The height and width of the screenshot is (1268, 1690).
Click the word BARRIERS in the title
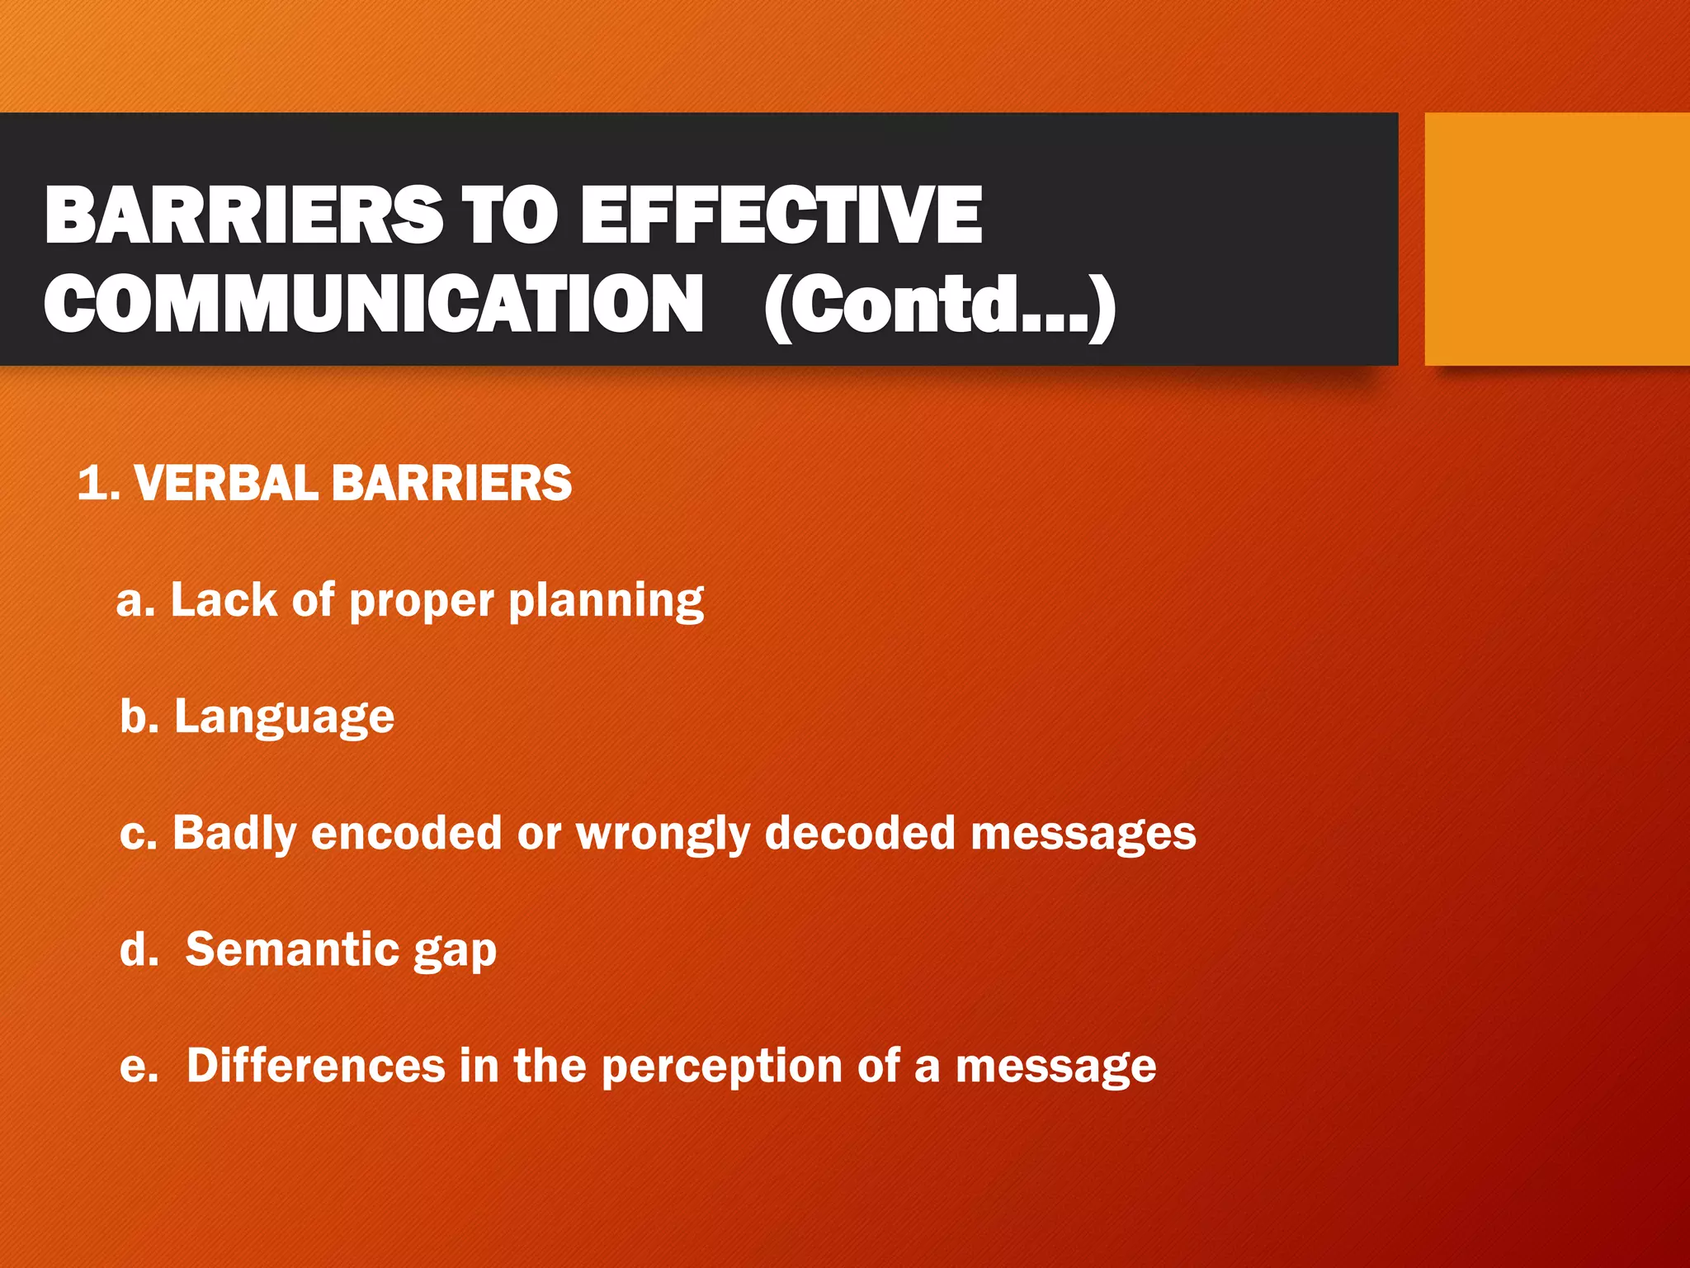click(x=243, y=215)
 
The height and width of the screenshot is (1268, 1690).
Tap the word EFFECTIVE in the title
click(x=781, y=215)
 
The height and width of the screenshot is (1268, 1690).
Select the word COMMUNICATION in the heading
click(x=374, y=305)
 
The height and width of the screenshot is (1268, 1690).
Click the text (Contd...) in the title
click(x=939, y=306)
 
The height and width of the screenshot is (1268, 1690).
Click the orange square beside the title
click(x=1556, y=239)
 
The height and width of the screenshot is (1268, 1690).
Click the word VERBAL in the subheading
click(x=225, y=483)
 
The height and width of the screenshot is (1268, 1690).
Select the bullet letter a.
click(x=135, y=601)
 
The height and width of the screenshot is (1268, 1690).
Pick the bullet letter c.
click(x=138, y=834)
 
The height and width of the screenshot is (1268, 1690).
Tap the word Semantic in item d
click(x=292, y=949)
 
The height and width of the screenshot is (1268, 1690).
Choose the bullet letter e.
click(x=138, y=1067)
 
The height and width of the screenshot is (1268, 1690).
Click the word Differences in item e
click(x=315, y=1066)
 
